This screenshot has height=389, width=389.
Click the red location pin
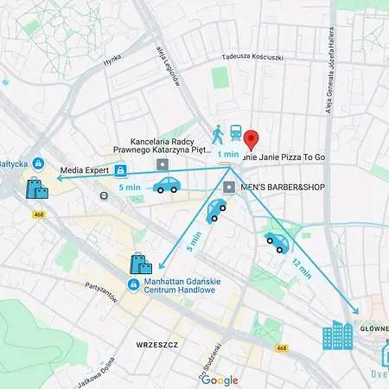(252, 139)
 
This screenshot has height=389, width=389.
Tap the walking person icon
(217, 134)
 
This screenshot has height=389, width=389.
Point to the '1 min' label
(228, 154)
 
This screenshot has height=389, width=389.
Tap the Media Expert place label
(84, 170)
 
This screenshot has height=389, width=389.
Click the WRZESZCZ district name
(156, 344)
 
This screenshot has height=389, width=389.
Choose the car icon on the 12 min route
(277, 243)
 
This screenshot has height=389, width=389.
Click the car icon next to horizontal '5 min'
(167, 185)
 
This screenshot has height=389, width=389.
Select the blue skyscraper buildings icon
(338, 335)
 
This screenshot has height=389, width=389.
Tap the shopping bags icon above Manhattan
(140, 264)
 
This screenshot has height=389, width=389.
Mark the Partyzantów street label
(101, 291)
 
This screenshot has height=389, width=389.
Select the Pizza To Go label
(298, 156)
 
